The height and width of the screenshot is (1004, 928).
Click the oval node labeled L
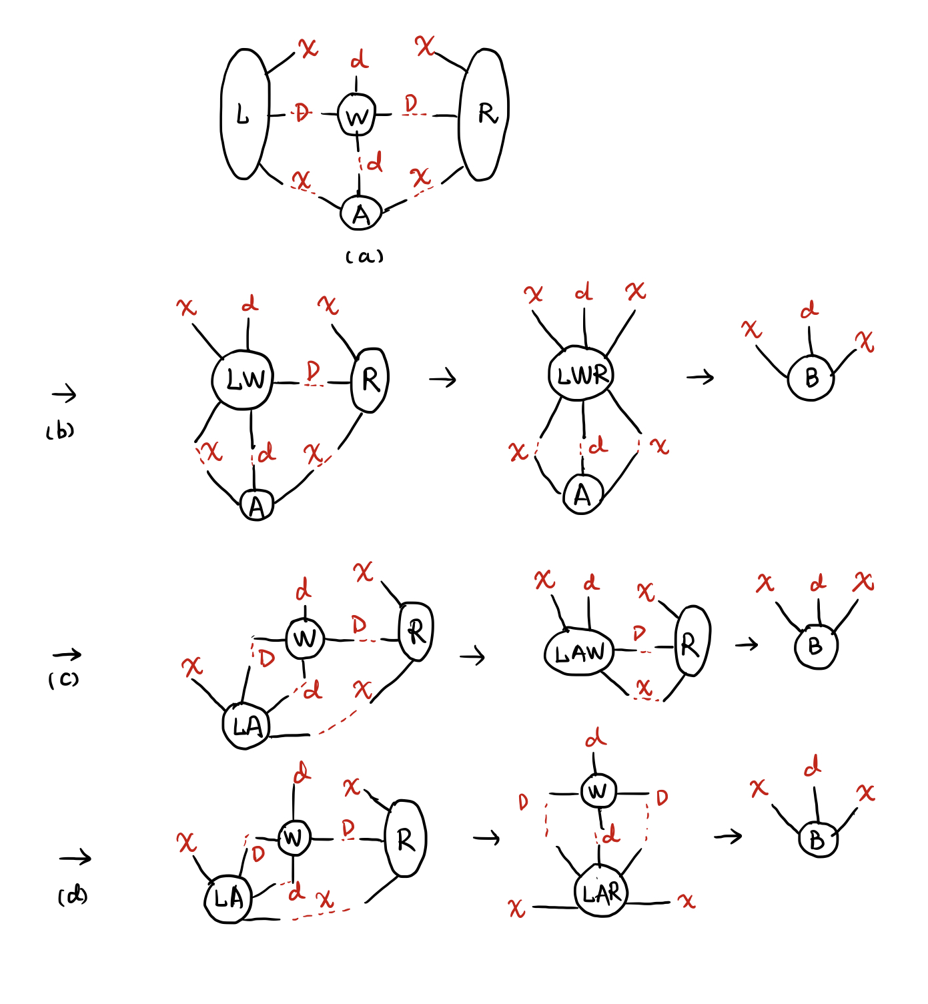(245, 114)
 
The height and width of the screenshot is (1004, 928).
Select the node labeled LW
(243, 380)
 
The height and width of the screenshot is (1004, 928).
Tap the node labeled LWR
(581, 374)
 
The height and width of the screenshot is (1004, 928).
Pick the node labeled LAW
(578, 652)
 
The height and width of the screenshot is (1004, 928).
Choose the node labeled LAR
(600, 893)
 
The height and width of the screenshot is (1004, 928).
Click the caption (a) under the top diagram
(364, 257)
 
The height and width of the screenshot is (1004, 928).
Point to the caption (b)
(60, 432)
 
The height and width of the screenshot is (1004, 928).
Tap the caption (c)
(63, 680)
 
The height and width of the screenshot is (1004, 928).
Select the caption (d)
(73, 896)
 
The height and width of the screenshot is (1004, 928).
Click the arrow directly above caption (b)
(64, 394)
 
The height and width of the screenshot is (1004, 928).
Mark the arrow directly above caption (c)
(67, 654)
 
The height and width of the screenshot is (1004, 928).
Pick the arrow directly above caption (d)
(75, 858)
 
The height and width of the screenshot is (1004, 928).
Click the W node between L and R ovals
(356, 115)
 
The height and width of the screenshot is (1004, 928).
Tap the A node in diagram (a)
(361, 213)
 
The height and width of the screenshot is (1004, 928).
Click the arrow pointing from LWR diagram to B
(700, 378)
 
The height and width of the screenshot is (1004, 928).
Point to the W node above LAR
(598, 792)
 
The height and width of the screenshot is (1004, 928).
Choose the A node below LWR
(582, 495)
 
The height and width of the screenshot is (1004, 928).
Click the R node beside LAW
(692, 642)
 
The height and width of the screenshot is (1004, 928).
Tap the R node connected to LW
(370, 380)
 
